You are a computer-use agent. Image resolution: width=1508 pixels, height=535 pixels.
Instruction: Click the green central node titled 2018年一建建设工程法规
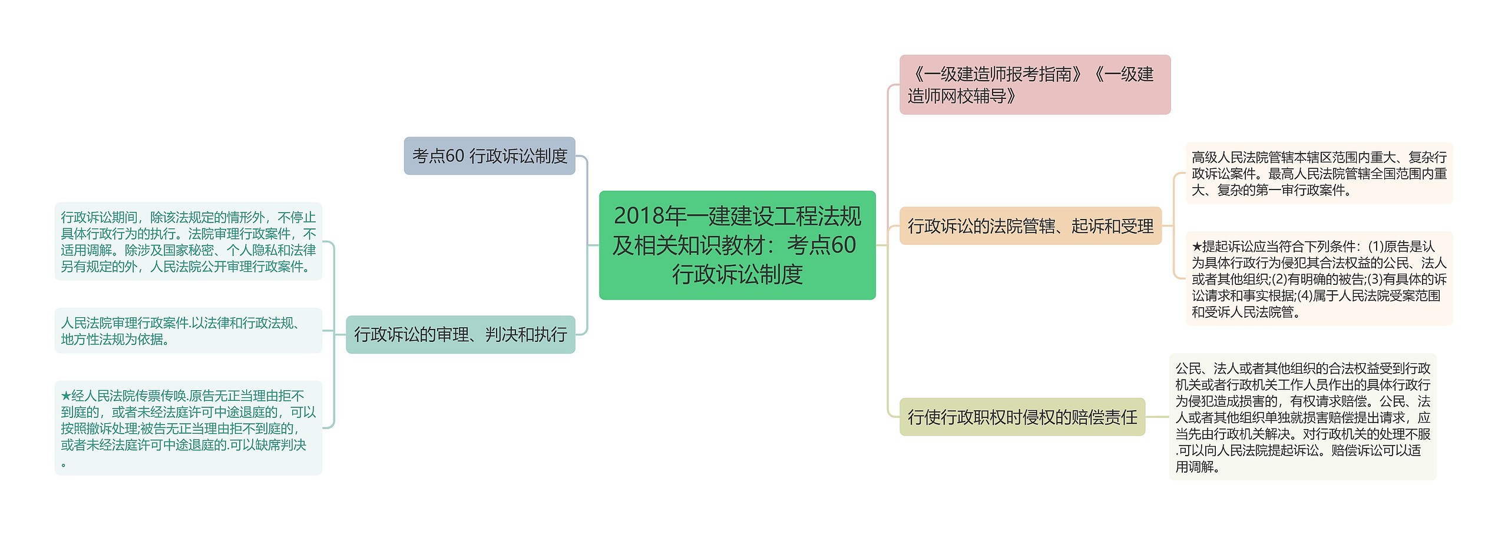737,245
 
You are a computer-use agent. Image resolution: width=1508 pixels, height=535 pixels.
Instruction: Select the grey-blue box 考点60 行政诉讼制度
489,156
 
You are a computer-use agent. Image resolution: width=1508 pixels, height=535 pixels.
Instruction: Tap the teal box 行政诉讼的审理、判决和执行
460,334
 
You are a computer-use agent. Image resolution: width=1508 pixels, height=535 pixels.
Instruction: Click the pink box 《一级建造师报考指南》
1034,85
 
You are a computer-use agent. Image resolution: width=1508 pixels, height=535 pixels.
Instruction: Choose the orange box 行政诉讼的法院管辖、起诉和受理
1030,226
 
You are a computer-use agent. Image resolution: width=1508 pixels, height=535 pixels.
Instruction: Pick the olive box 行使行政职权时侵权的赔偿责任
1022,417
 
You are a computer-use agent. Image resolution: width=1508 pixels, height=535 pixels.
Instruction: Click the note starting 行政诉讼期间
188,241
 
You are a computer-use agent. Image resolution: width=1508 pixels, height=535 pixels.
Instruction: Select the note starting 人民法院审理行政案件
188,331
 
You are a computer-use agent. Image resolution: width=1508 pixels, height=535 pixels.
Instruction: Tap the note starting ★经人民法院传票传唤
188,428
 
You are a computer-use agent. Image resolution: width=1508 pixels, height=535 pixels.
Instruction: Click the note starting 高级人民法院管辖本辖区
1319,173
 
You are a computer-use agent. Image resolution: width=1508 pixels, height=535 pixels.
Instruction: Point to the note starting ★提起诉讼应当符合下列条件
1319,278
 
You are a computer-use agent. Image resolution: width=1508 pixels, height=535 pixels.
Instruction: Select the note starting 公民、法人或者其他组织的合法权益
1302,417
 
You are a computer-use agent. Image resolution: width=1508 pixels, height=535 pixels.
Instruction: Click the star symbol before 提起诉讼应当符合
1196,247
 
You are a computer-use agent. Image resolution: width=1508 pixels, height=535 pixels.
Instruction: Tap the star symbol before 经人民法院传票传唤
65,396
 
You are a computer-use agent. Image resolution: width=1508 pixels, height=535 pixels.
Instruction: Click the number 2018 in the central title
637,216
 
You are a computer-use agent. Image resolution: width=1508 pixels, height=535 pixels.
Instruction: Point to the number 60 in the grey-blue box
455,156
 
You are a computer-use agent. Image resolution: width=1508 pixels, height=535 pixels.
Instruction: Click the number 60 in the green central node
843,245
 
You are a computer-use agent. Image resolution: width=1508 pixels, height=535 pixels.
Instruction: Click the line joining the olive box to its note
1157,417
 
